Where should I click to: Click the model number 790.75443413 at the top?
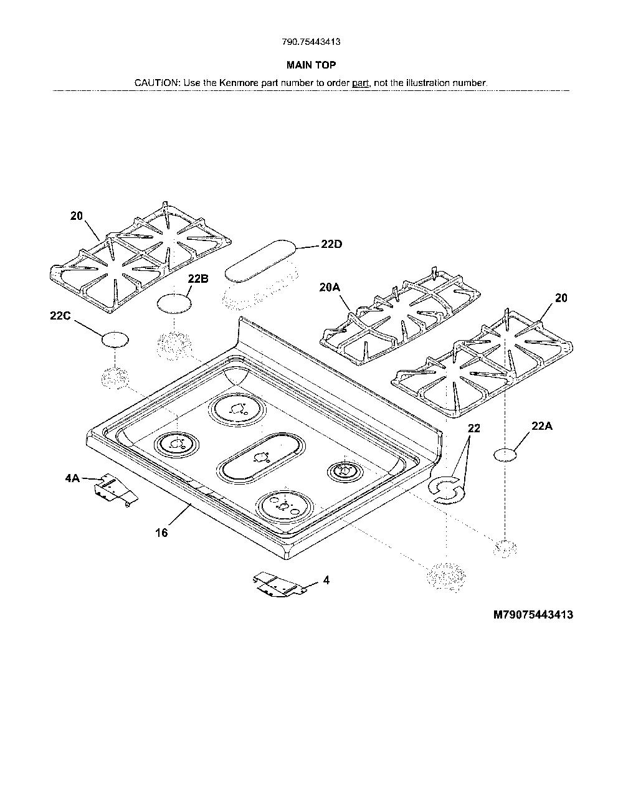(311, 42)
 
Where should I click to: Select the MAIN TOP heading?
(311, 65)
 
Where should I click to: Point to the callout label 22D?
(331, 244)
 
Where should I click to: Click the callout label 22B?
(198, 279)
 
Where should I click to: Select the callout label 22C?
(60, 316)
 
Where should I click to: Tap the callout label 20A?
(330, 288)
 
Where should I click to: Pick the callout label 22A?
(542, 426)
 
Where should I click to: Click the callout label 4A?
(72, 478)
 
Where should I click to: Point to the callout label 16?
(162, 533)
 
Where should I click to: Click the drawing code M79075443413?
(533, 615)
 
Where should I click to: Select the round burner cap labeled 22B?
(175, 304)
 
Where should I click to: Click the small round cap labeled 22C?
(115, 339)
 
